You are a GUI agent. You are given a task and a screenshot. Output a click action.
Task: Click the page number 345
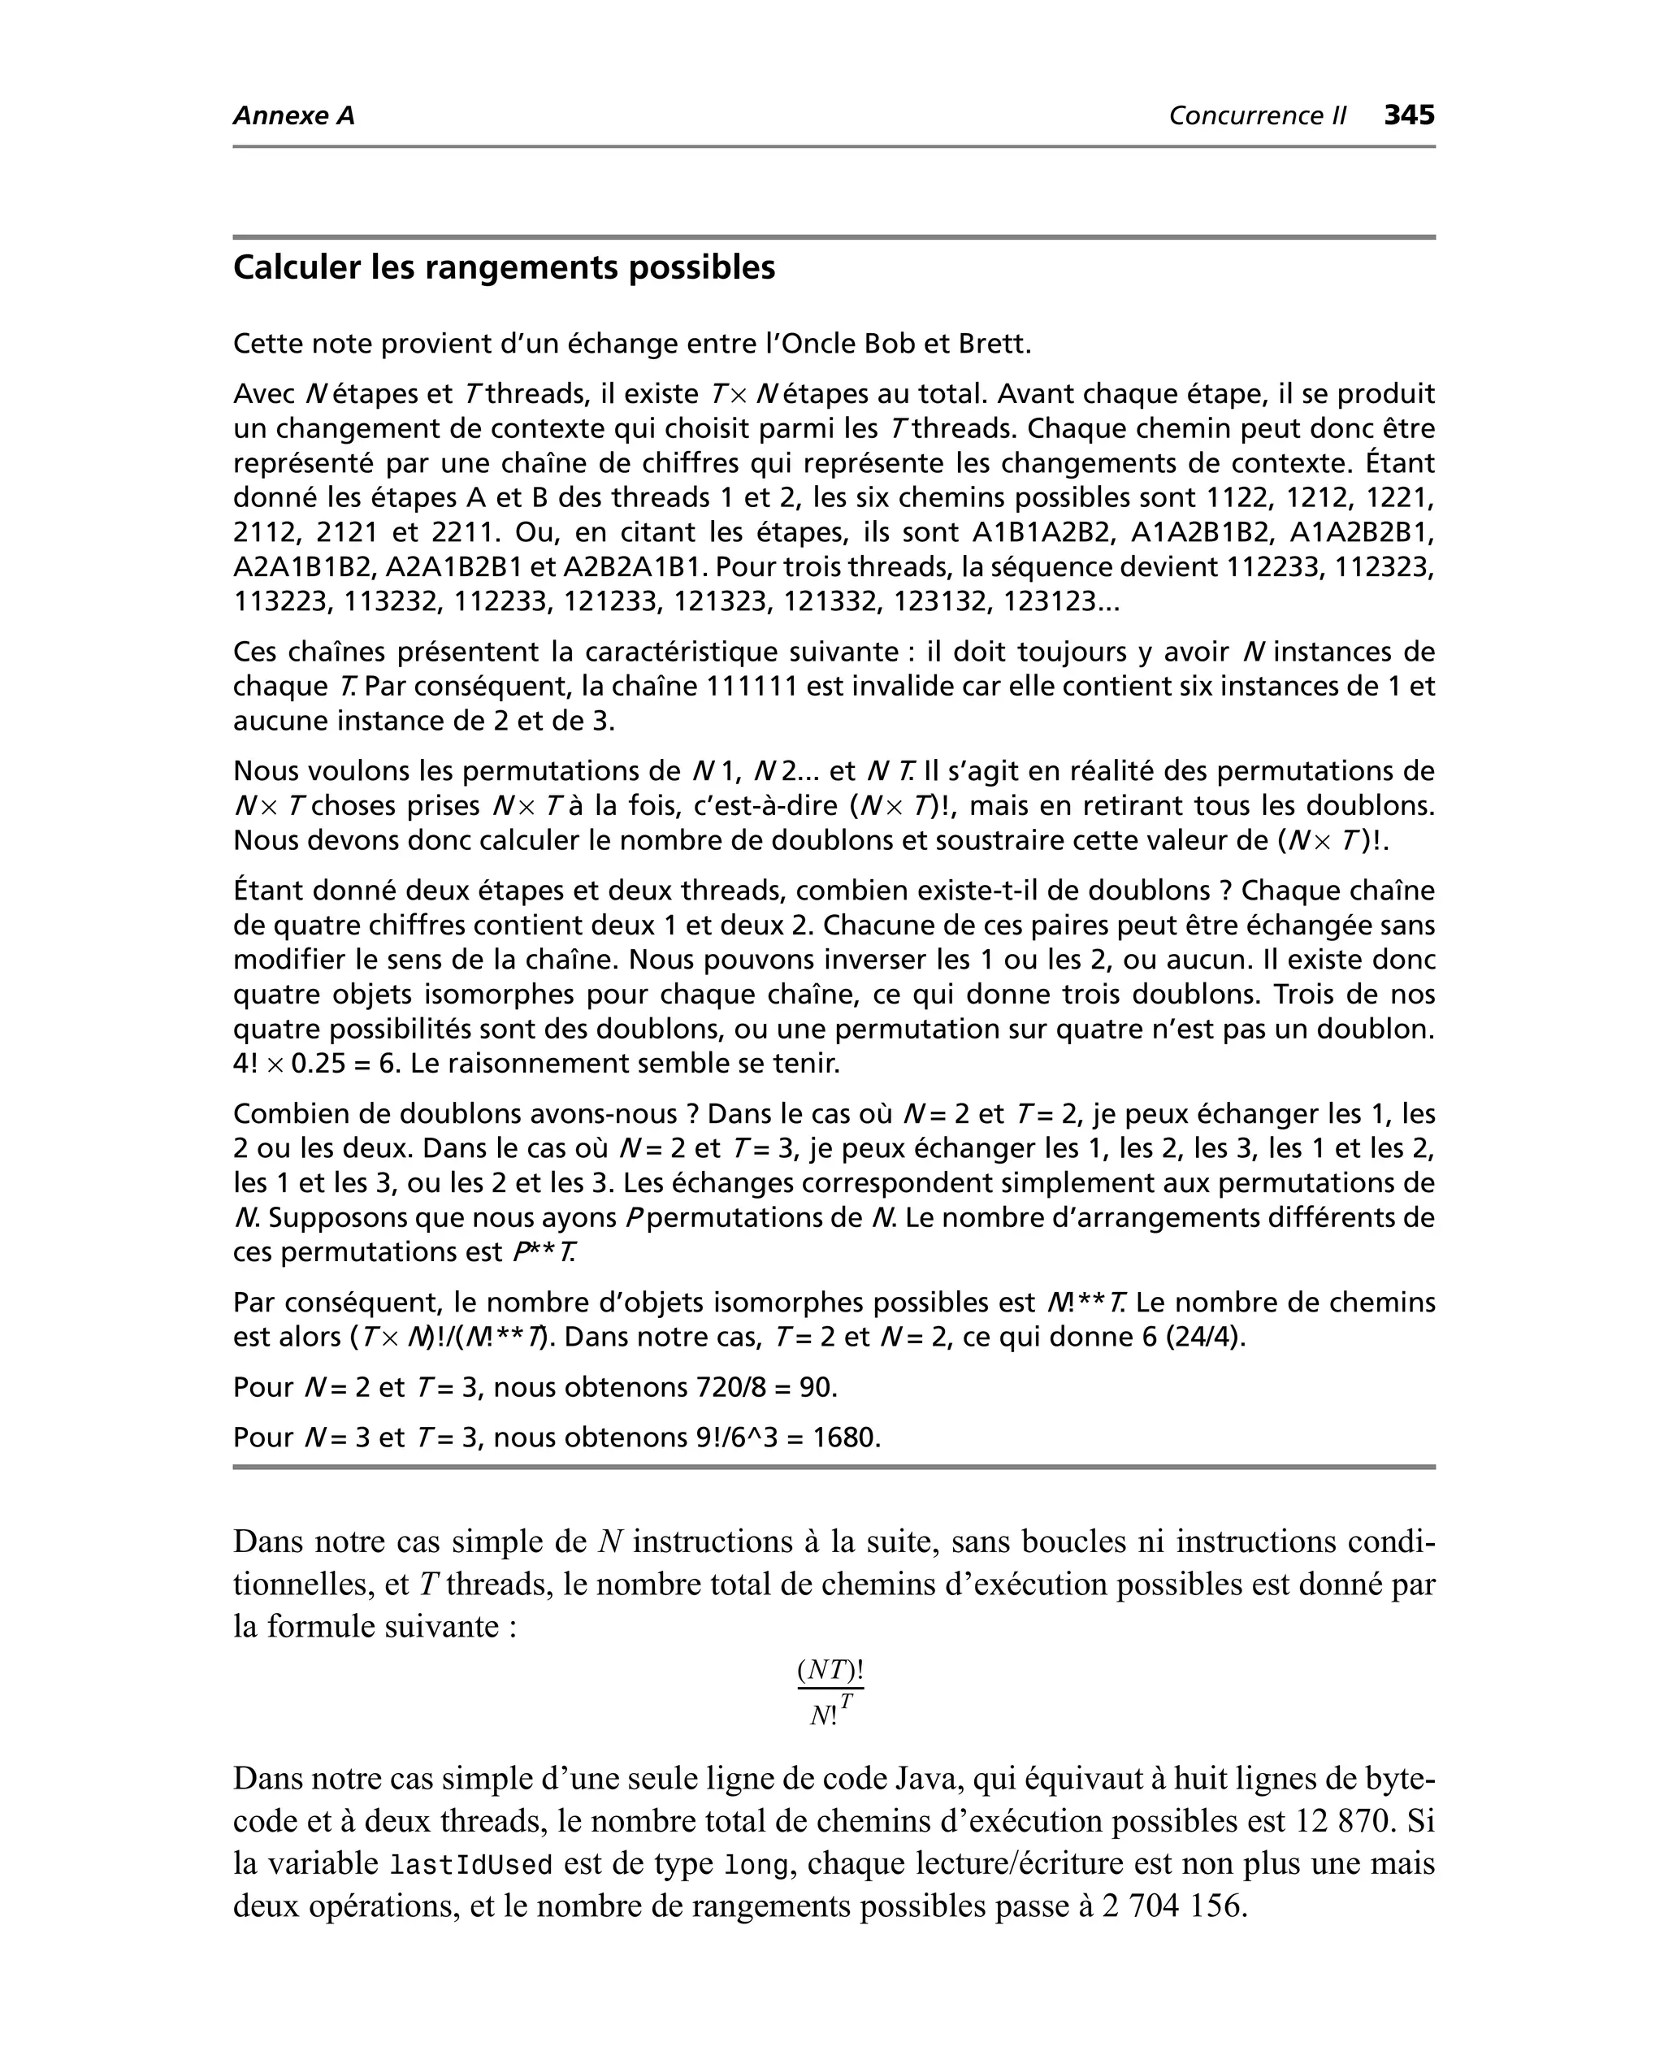pyautogui.click(x=1409, y=115)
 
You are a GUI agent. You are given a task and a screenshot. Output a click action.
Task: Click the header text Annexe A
pyautogui.click(x=293, y=116)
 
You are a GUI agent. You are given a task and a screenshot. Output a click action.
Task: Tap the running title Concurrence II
pyautogui.click(x=1257, y=116)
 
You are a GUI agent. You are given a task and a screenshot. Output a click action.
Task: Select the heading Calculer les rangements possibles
pyautogui.click(x=505, y=267)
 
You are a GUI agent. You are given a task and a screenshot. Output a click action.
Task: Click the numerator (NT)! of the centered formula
pyautogui.click(x=830, y=1671)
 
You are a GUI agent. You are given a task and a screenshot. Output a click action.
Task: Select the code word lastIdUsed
pyautogui.click(x=471, y=1865)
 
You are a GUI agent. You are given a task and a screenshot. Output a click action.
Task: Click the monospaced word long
pyautogui.click(x=756, y=1865)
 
